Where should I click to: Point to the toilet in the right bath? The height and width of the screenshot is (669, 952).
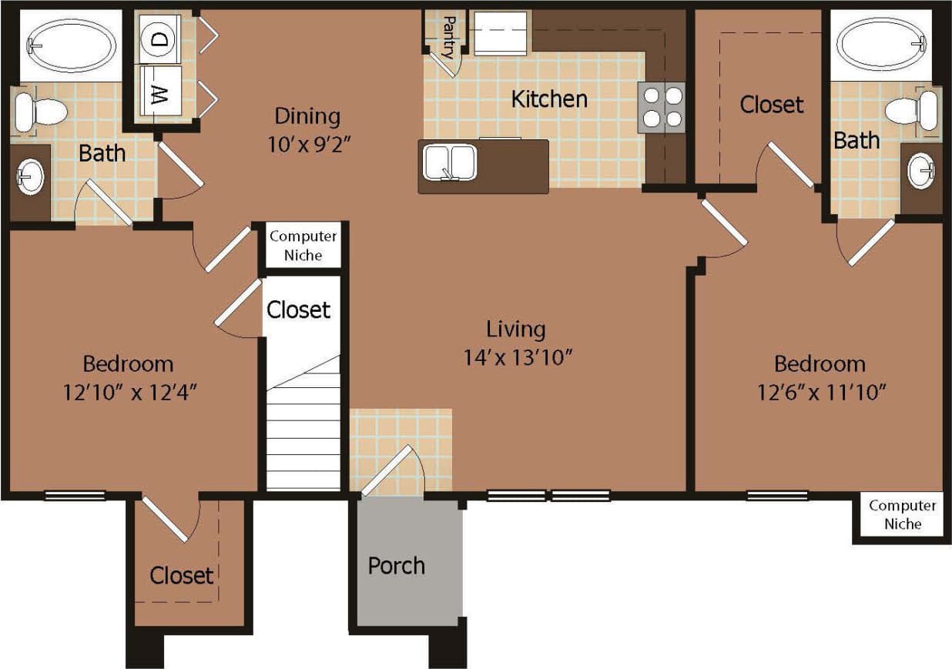(x=913, y=110)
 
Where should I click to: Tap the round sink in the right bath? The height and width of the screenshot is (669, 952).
(x=922, y=171)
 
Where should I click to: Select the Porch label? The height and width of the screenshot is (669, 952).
(x=396, y=566)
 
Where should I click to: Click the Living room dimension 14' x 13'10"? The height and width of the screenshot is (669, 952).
(x=516, y=357)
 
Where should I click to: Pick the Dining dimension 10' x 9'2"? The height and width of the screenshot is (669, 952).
(x=307, y=143)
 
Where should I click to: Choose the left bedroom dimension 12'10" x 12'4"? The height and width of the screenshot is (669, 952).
(x=128, y=392)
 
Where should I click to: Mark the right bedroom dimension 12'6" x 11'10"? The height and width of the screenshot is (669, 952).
(x=820, y=392)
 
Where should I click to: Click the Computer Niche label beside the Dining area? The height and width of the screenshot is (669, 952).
(x=303, y=246)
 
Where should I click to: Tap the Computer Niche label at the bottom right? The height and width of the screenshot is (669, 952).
(x=903, y=514)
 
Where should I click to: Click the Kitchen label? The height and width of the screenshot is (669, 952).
(x=549, y=99)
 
